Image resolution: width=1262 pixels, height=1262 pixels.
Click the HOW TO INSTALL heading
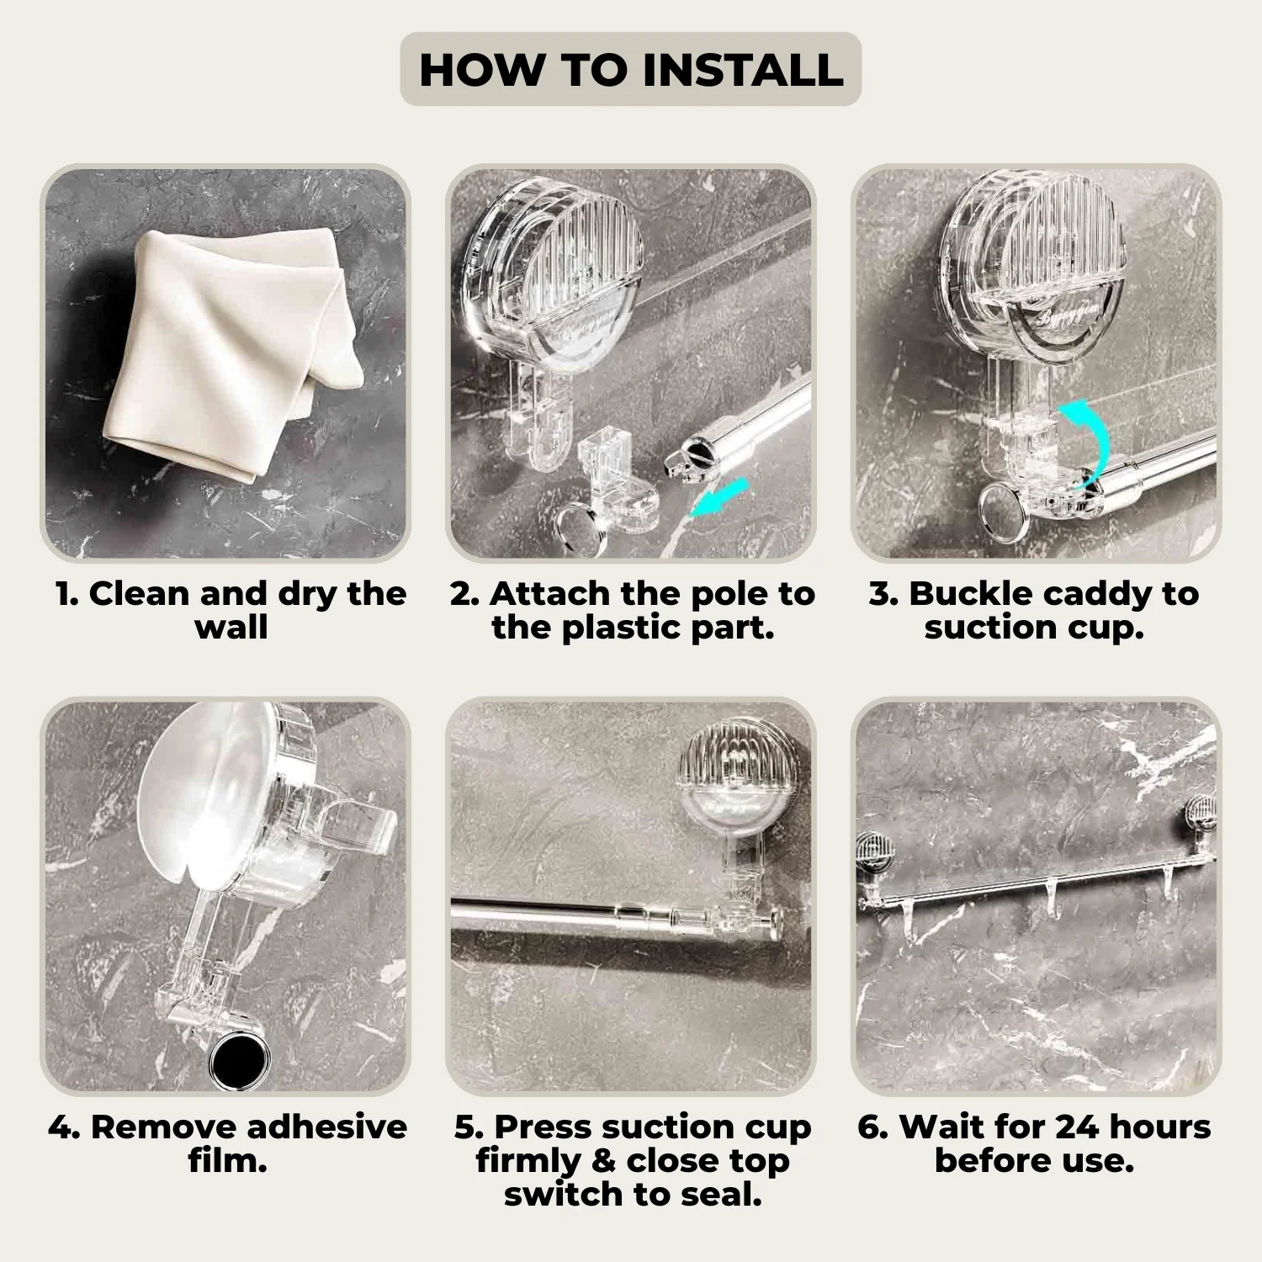(x=631, y=69)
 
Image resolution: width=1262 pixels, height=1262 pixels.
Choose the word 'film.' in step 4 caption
(x=227, y=1161)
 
